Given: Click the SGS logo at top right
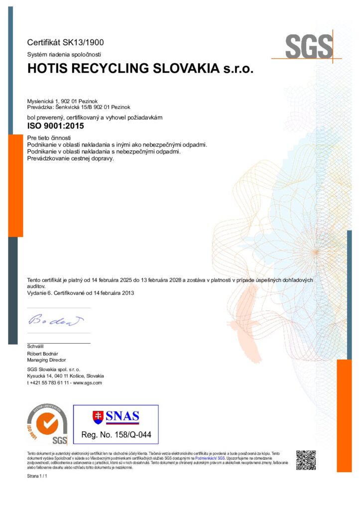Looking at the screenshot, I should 308,47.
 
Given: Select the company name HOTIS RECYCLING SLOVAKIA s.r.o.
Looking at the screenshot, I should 140,69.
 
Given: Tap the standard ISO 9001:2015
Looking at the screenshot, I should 55,126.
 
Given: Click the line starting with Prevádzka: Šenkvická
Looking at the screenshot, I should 79,107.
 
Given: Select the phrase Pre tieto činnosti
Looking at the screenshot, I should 50,137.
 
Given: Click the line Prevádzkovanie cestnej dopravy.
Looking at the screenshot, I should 71,158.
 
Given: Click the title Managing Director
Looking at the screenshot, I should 46,360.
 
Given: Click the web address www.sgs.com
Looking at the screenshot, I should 88,382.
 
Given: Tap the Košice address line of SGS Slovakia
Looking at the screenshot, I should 65,376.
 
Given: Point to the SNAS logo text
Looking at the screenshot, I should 123,416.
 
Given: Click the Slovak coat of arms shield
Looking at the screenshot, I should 98,416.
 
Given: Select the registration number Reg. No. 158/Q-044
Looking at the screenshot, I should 116,435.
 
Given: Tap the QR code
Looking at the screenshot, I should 306,460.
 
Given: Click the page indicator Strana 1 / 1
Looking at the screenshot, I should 37,477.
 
